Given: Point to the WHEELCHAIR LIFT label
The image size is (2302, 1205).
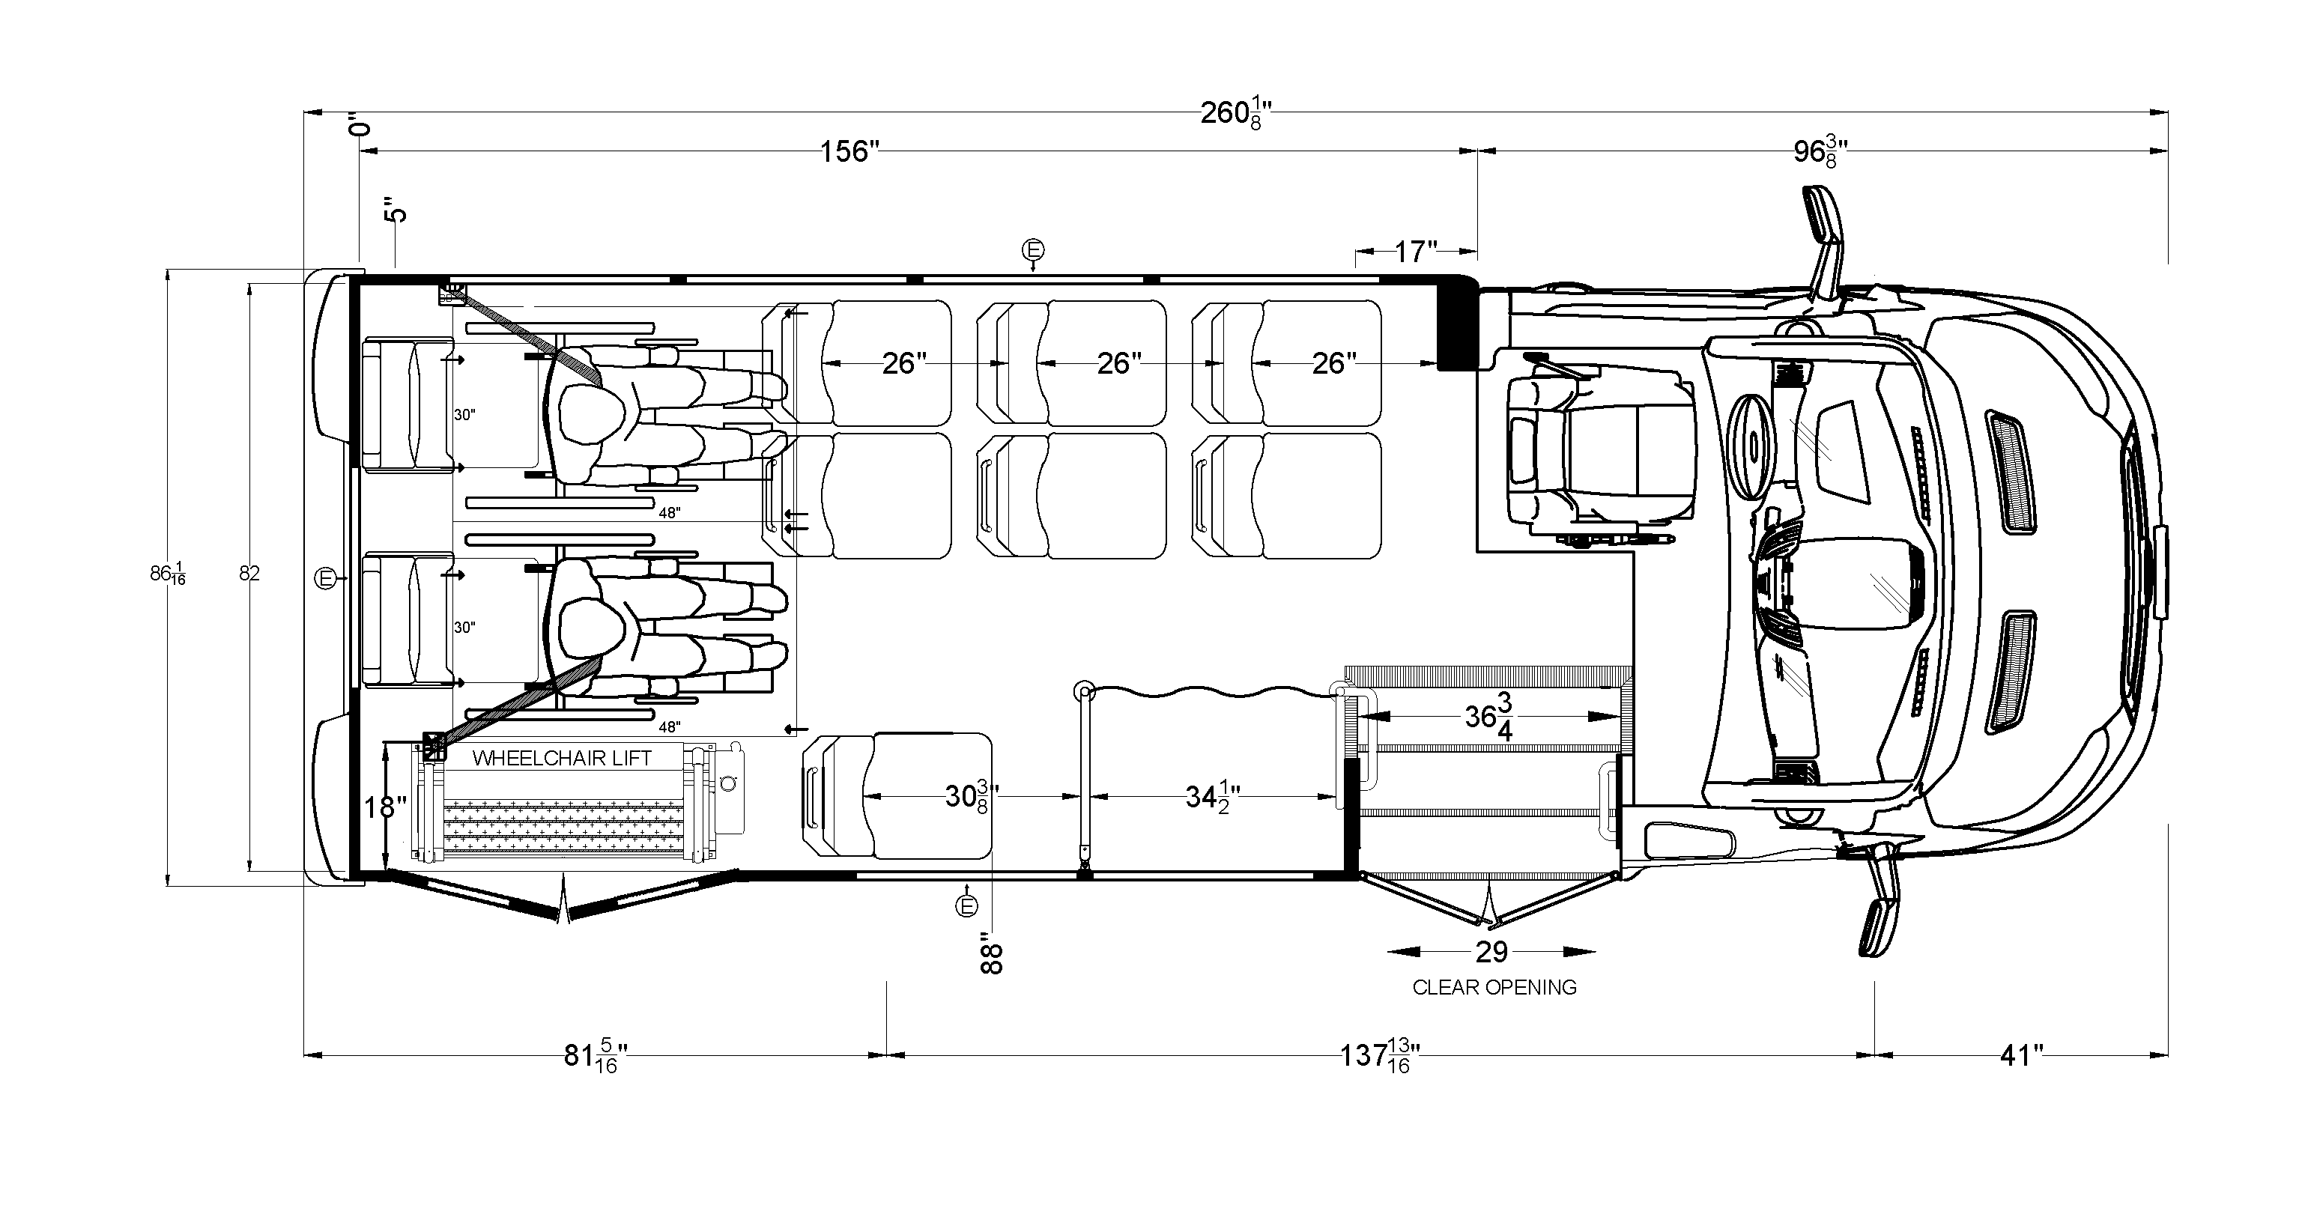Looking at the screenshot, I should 562,759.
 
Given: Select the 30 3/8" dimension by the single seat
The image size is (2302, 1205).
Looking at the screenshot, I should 971,795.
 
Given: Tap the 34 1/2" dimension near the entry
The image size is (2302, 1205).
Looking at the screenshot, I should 1212,795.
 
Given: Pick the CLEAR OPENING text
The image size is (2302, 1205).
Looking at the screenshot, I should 1494,988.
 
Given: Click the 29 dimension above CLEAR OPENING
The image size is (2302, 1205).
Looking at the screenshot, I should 1491,952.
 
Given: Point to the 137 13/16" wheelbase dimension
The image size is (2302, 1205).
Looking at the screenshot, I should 1379,1055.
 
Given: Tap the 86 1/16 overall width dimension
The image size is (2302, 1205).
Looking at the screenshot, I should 167,574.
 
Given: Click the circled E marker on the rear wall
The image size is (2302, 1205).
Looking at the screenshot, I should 326,579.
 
